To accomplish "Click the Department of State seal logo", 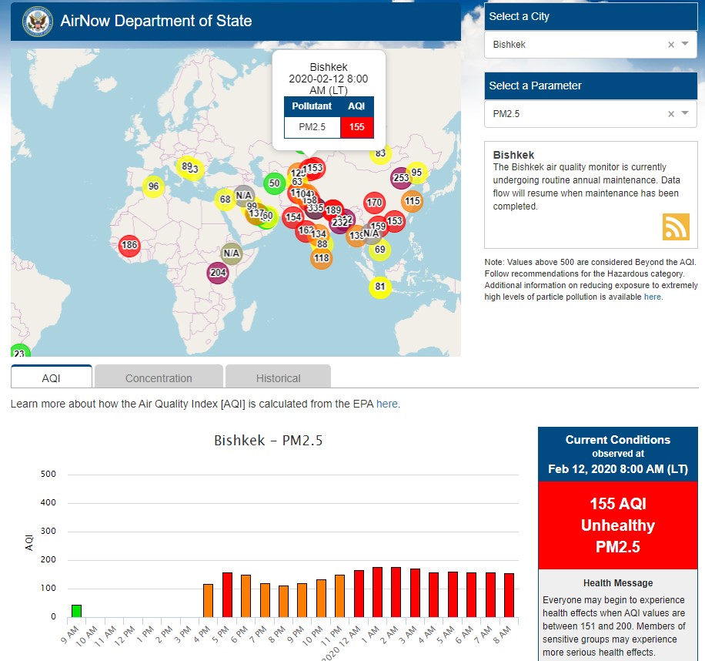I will (x=37, y=21).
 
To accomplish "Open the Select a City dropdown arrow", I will (x=685, y=45).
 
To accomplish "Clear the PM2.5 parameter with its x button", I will (x=670, y=114).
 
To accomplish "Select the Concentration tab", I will (x=159, y=378).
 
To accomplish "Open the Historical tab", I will (x=278, y=378).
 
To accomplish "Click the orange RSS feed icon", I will (x=676, y=227).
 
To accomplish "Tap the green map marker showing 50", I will (x=274, y=183).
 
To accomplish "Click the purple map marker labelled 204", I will (x=218, y=273).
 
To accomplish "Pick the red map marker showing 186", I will (x=129, y=247).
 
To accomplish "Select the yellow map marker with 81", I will (x=379, y=287).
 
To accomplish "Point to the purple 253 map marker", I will (x=400, y=178).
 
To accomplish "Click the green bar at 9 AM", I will (x=76, y=611).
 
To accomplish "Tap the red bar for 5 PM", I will (x=227, y=595).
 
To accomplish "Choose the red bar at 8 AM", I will (x=509, y=595).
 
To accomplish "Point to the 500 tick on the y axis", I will (x=48, y=475).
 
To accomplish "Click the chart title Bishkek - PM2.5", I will (x=268, y=441).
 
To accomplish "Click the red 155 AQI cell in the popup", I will (x=356, y=127).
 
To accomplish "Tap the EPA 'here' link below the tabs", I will (x=387, y=404).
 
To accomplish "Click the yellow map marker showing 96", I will (x=153, y=186).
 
